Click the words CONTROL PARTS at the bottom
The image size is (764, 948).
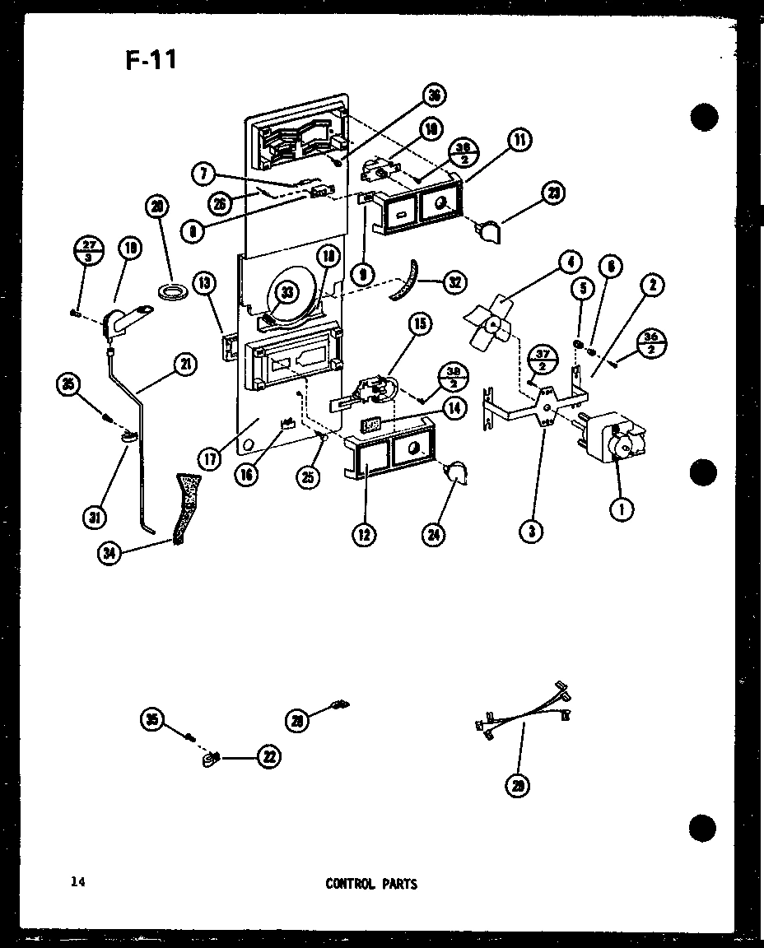[371, 884]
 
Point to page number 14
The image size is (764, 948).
[77, 883]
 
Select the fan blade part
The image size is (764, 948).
[491, 324]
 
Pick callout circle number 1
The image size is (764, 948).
[622, 509]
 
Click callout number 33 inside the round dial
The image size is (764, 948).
[286, 290]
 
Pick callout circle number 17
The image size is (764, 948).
[210, 458]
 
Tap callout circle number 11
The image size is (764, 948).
[519, 142]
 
